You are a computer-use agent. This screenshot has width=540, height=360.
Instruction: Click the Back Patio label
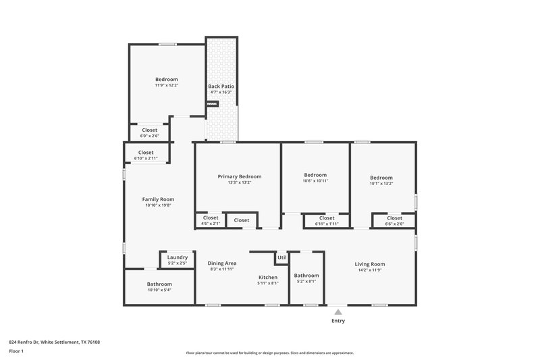pos(221,86)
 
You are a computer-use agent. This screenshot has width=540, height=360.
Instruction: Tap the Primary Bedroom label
pos(239,176)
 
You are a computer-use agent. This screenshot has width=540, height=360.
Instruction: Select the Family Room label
pos(158,199)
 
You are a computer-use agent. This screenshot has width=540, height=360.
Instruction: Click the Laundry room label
pos(177,257)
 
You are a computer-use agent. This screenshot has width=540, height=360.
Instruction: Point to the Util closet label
pos(281,257)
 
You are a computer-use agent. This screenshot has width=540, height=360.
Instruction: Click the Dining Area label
pos(221,263)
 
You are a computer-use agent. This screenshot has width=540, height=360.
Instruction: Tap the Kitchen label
pos(268,278)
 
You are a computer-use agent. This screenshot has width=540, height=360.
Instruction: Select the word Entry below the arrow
pos(337,321)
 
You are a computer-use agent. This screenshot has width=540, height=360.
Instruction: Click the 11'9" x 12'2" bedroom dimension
pos(166,86)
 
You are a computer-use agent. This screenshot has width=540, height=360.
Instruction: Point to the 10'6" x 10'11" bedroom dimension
pos(315,182)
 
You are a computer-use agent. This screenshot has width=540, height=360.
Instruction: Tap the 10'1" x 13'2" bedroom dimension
pos(381,183)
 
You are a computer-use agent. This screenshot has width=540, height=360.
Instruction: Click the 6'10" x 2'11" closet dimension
pos(146,159)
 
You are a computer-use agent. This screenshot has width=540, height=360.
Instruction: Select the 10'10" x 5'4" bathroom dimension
pos(159,290)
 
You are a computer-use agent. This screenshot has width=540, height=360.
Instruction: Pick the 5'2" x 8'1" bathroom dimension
pos(306,282)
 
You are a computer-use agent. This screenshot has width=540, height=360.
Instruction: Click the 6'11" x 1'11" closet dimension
pos(327,224)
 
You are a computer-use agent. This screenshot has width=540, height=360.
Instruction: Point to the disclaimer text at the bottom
pos(270,353)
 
